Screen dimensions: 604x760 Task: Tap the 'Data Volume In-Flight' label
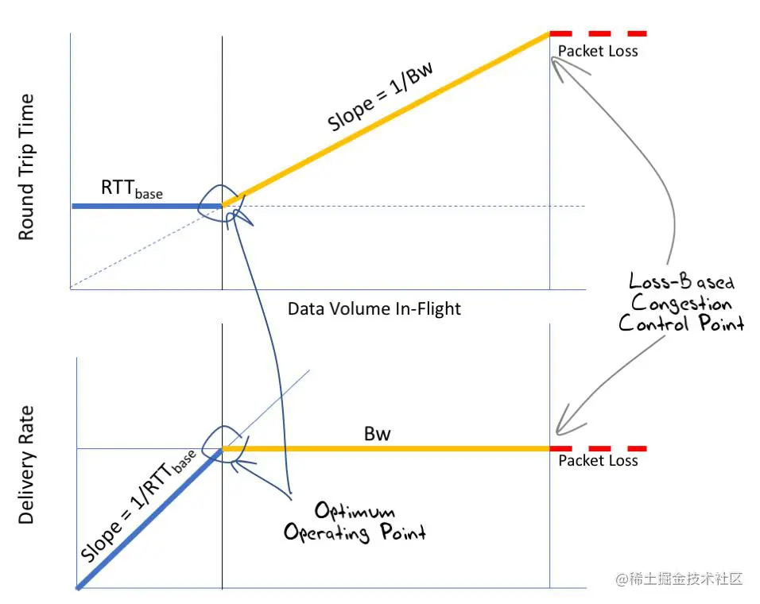374,308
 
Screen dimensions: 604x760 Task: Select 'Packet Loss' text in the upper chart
597,51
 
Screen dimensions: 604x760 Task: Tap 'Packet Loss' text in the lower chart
597,460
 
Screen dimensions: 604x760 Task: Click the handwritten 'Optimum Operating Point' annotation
355,521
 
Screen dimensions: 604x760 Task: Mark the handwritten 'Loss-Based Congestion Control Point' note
681,302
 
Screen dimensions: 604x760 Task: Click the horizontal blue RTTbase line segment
143,206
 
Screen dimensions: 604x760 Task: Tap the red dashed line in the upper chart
598,33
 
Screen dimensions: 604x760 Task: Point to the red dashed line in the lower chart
598,449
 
